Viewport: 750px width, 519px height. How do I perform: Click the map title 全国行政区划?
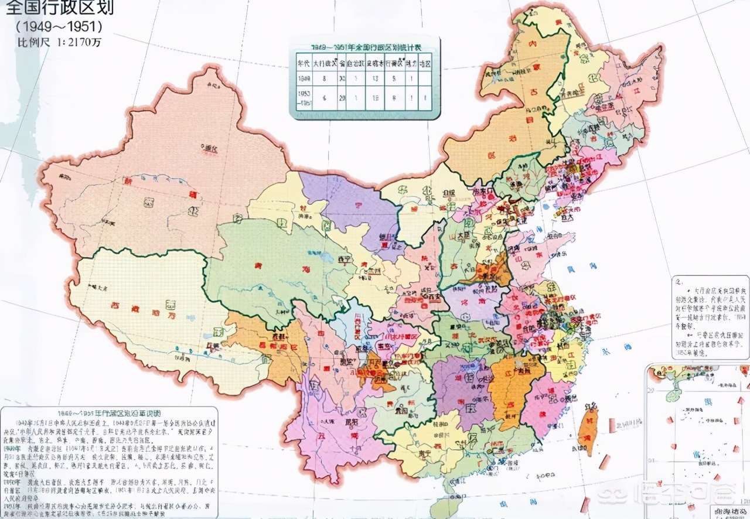coord(57,8)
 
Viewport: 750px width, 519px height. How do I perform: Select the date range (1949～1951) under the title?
coord(59,26)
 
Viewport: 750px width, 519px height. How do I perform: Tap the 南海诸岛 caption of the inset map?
coord(729,511)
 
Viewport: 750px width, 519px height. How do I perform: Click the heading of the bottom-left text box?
coord(109,411)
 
